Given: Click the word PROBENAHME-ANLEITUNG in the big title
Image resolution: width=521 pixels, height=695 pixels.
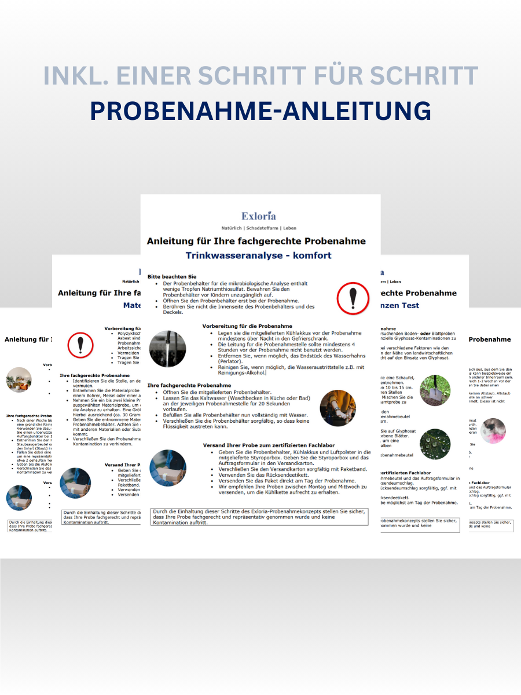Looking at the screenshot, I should click(260, 110).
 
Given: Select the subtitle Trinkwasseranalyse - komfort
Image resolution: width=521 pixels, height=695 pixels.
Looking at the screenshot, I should click(259, 255).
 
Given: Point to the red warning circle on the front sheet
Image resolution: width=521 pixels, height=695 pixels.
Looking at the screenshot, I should click(353, 298).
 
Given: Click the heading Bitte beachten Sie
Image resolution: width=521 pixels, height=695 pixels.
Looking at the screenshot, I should click(172, 277).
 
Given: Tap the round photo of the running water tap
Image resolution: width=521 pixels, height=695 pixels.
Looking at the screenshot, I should click(168, 349).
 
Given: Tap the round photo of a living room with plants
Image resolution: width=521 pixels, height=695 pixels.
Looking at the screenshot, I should click(19, 380).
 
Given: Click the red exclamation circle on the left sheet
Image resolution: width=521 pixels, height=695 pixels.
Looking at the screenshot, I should click(80, 345).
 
